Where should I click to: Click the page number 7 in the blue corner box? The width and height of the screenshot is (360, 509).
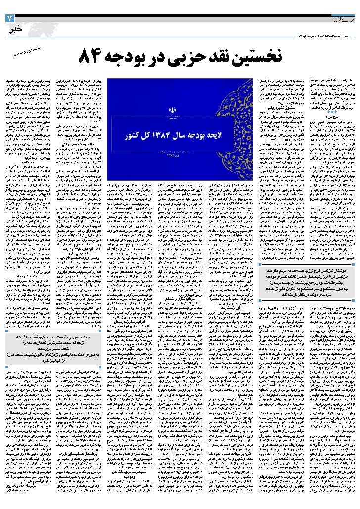[x=9, y=18]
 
